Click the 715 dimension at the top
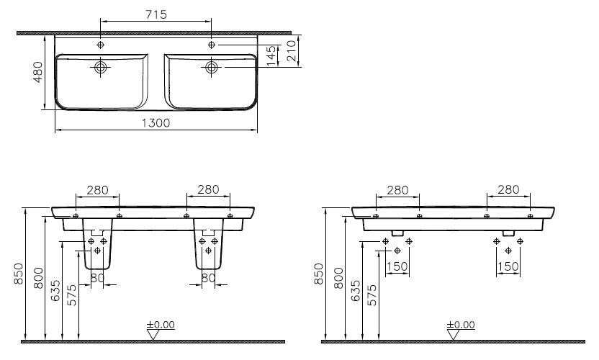[x=156, y=14]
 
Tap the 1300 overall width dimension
[x=156, y=123]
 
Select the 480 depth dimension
[x=38, y=72]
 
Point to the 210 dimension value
[x=291, y=51]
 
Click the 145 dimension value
[x=271, y=55]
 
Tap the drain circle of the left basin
[x=101, y=68]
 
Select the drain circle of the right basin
[x=211, y=68]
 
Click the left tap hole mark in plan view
[x=101, y=45]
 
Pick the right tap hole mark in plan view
[x=211, y=45]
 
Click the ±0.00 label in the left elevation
[x=161, y=325]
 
